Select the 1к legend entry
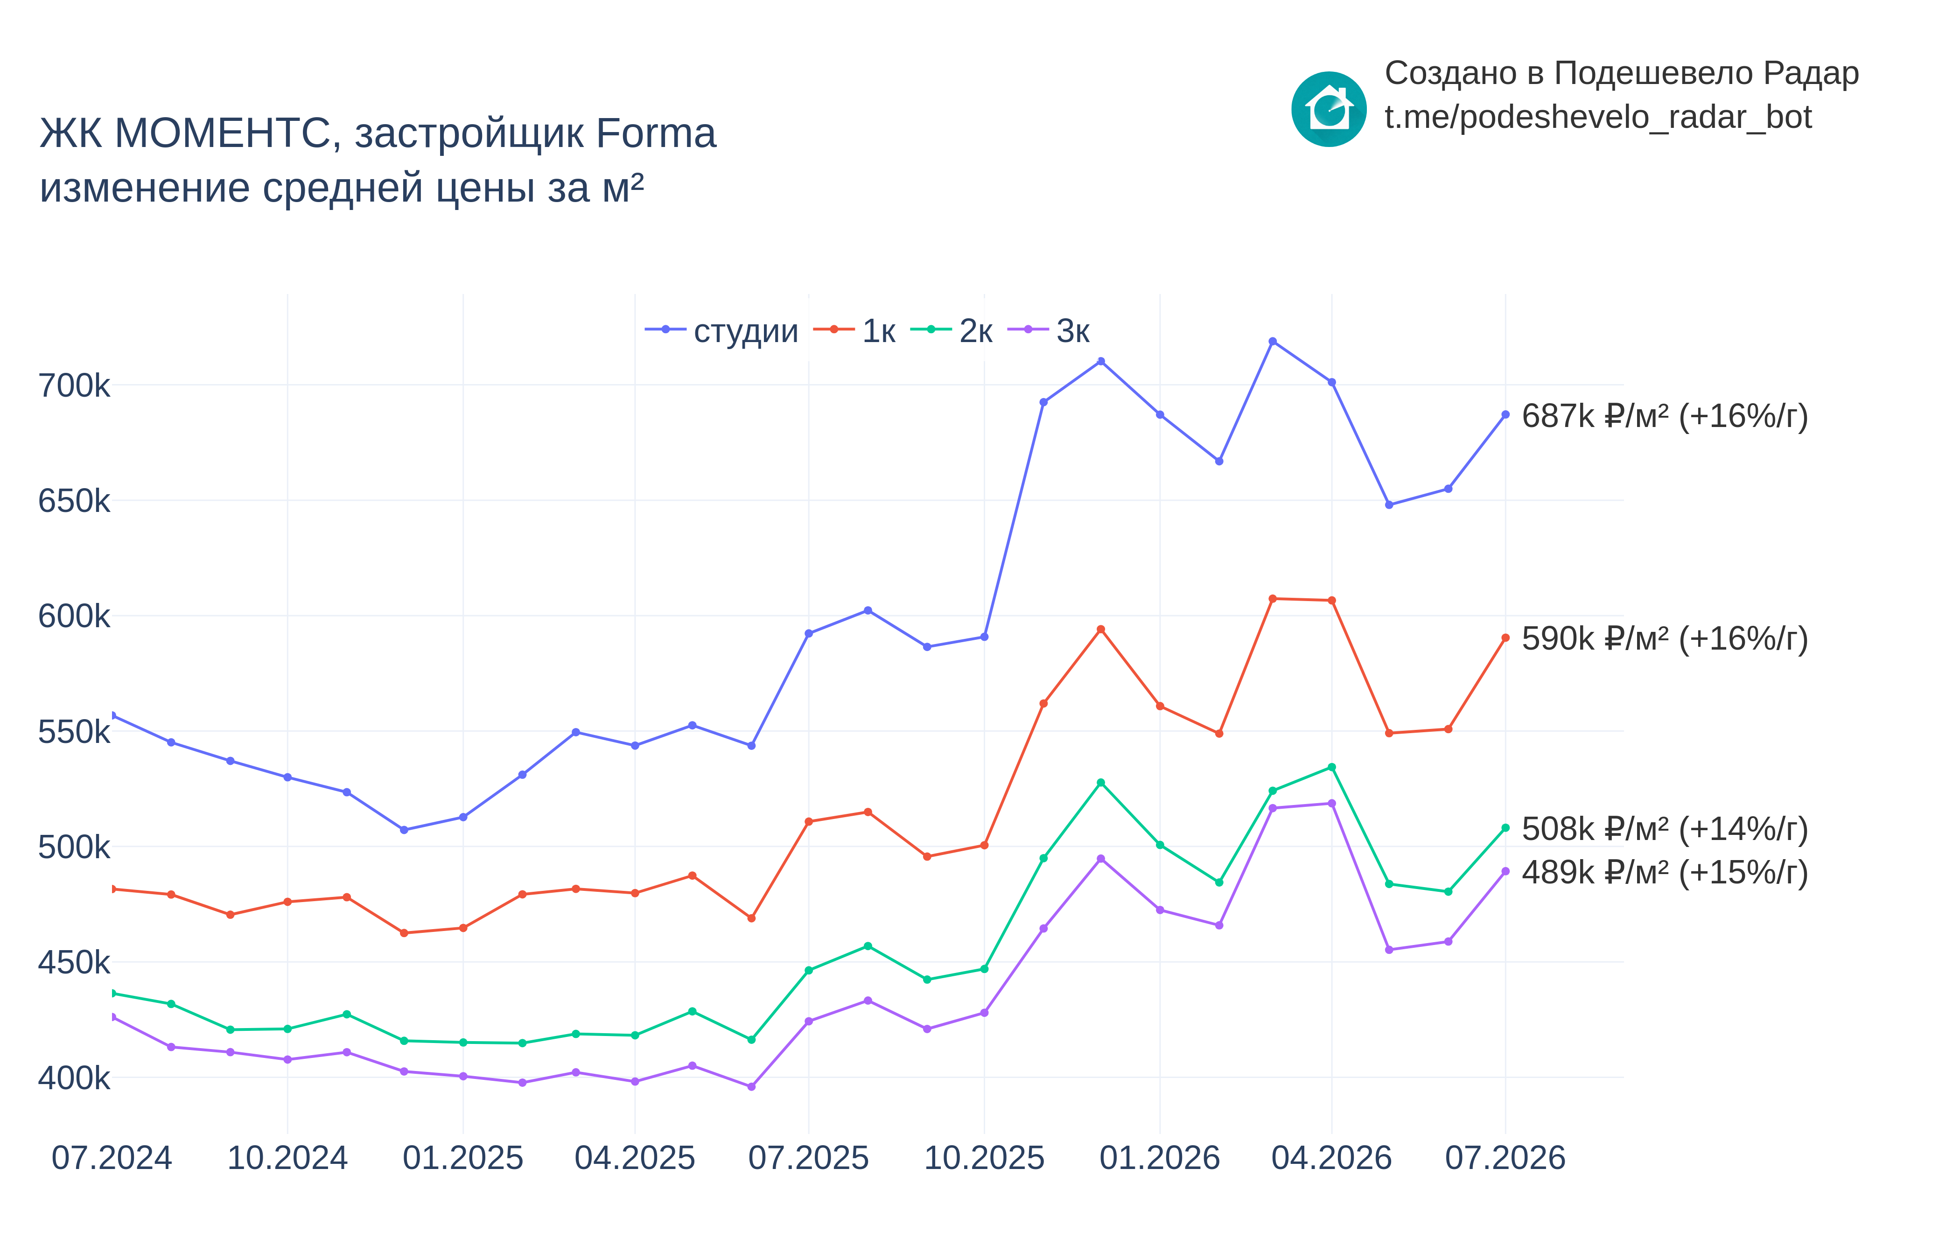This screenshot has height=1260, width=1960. pyautogui.click(x=854, y=330)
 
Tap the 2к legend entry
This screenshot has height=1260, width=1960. pyautogui.click(x=952, y=330)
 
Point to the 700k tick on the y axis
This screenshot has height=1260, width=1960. pyautogui.click(x=74, y=385)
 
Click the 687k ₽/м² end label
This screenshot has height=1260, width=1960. pyautogui.click(x=1665, y=416)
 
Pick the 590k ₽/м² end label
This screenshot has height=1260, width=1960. pyautogui.click(x=1665, y=638)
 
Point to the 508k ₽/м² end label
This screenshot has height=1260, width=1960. pyautogui.click(x=1665, y=829)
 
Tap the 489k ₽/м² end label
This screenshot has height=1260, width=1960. pyautogui.click(x=1665, y=872)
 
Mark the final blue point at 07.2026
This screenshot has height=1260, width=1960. pyautogui.click(x=1505, y=415)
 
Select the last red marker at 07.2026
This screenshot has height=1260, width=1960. pyautogui.click(x=1505, y=638)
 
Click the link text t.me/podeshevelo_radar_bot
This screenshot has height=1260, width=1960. pyautogui.click(x=1598, y=117)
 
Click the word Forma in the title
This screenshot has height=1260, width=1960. pyautogui.click(x=656, y=133)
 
